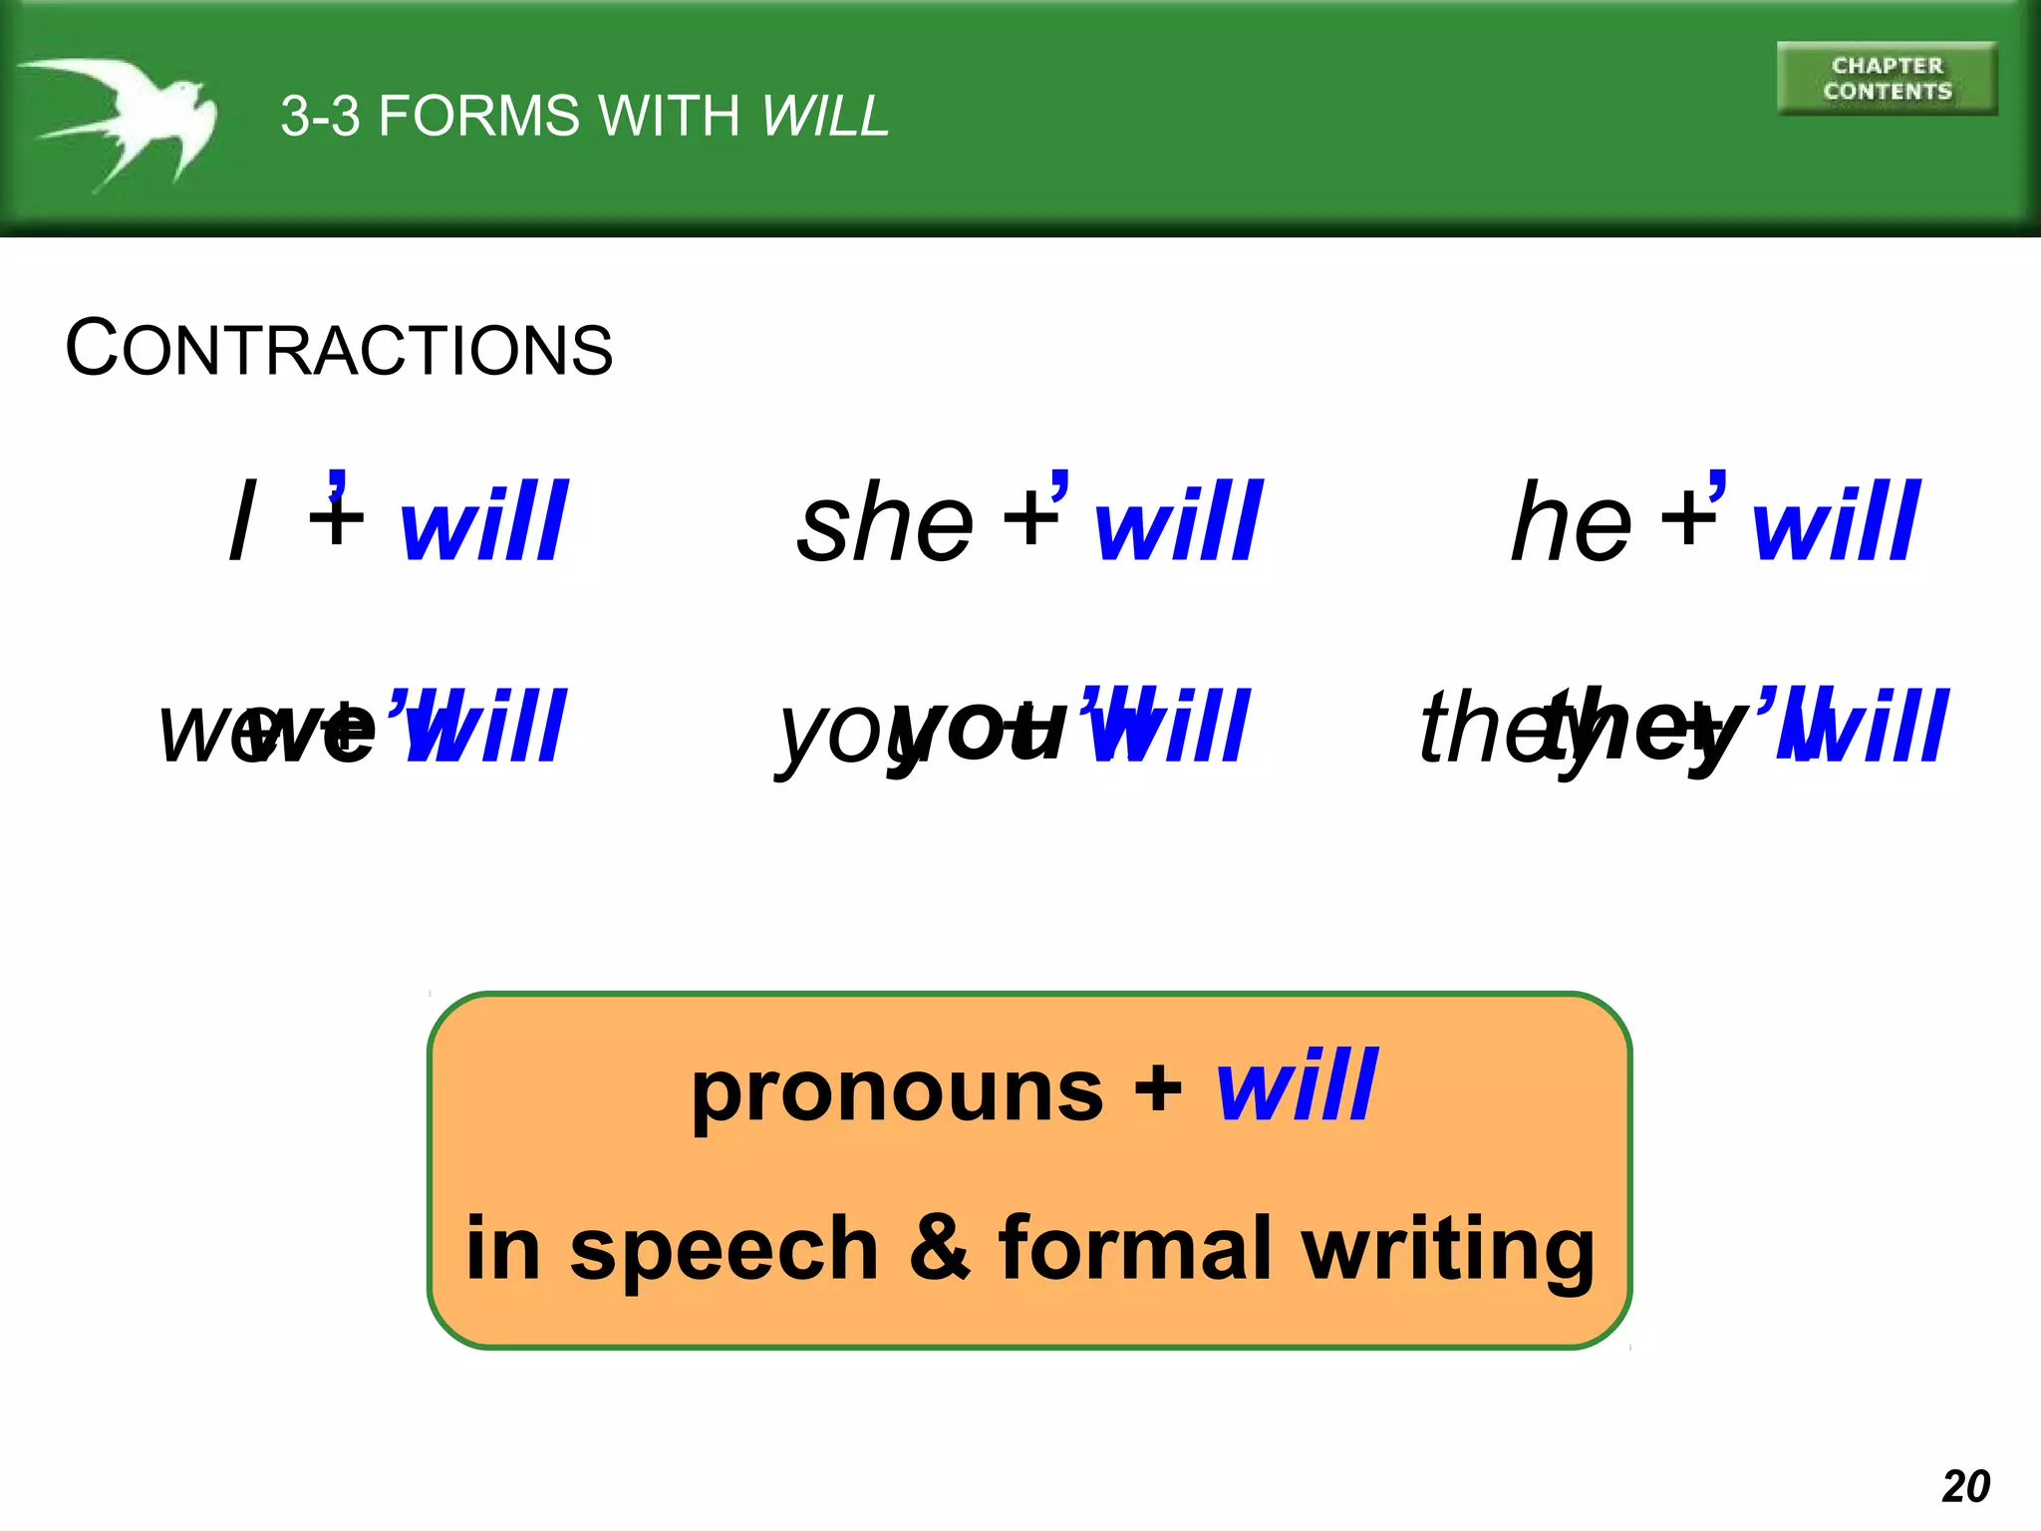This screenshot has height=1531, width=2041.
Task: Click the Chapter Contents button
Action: [x=1887, y=79]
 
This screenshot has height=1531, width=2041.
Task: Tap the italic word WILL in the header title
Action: [x=824, y=117]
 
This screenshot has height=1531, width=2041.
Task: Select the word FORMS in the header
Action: [x=478, y=117]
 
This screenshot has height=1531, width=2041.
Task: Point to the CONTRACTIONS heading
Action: [x=339, y=349]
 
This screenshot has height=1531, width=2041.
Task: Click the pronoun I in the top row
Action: [x=242, y=521]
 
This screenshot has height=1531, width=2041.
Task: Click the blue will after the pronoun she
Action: [x=1178, y=521]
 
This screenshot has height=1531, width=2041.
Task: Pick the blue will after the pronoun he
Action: [x=1835, y=521]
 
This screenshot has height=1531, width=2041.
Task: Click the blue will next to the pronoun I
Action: [x=483, y=521]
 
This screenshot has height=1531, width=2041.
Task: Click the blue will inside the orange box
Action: [x=1297, y=1086]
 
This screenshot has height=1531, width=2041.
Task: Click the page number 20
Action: [x=1965, y=1486]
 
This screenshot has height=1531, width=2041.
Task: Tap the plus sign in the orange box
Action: [x=1158, y=1088]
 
